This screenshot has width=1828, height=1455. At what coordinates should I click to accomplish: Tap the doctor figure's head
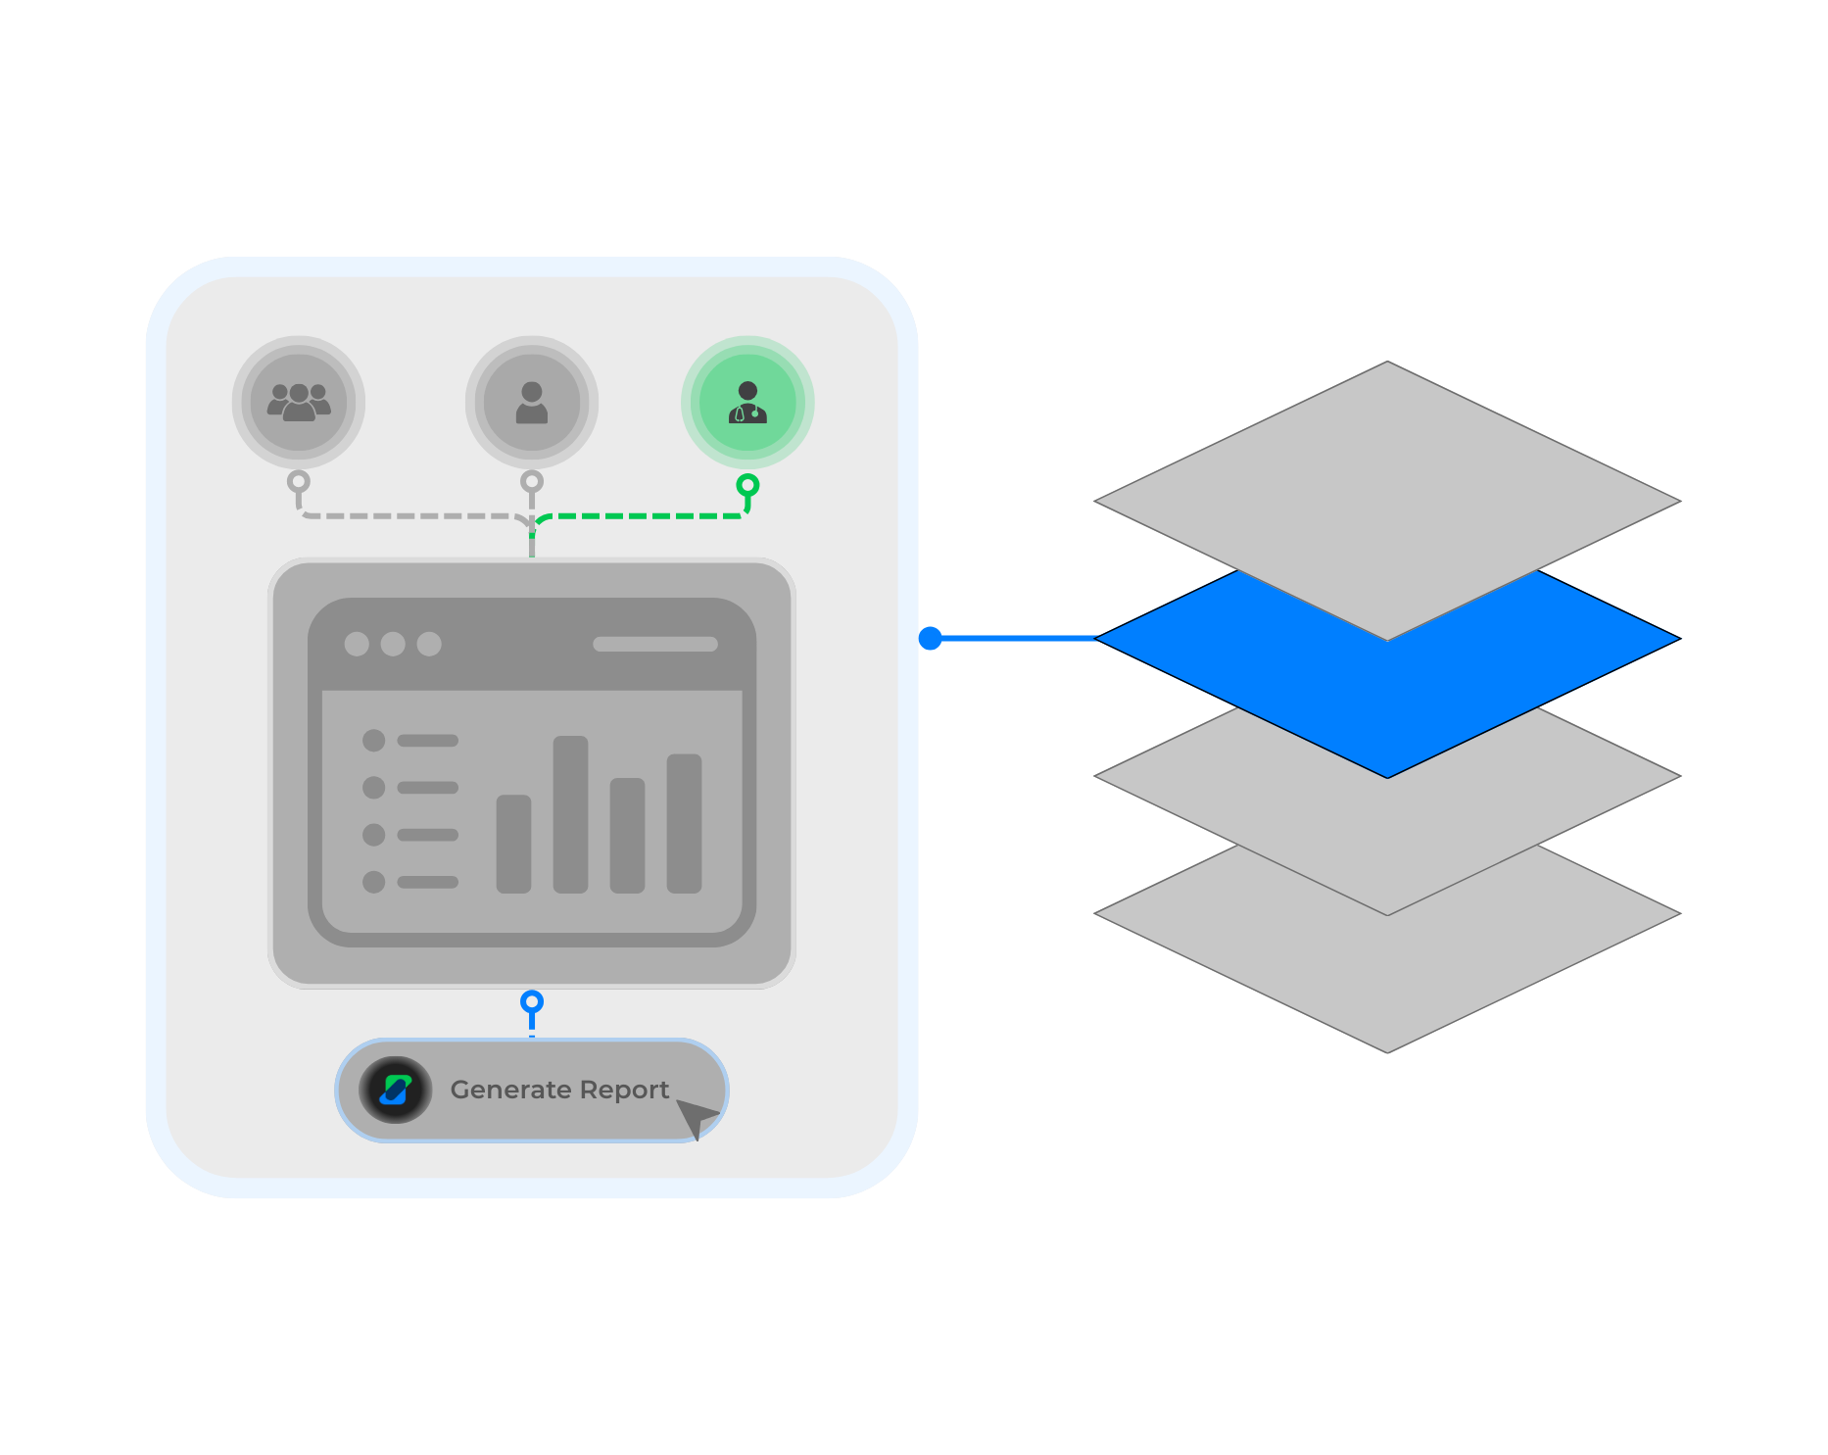point(747,390)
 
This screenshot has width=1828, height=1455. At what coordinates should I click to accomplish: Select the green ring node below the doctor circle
point(747,484)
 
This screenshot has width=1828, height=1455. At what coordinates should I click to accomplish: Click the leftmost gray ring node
point(298,481)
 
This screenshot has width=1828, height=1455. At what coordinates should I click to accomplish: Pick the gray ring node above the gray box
point(531,481)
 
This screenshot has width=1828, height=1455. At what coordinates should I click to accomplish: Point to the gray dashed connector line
point(411,515)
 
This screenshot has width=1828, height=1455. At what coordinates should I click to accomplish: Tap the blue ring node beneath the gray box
point(531,1001)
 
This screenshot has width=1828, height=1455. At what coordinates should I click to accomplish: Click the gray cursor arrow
point(695,1116)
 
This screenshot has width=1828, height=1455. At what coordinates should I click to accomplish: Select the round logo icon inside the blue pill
point(395,1090)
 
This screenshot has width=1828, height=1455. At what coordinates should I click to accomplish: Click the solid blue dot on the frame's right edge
point(930,639)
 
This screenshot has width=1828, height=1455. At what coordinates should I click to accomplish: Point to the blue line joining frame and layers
point(1014,639)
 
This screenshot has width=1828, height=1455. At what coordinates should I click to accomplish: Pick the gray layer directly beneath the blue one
point(1387,843)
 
